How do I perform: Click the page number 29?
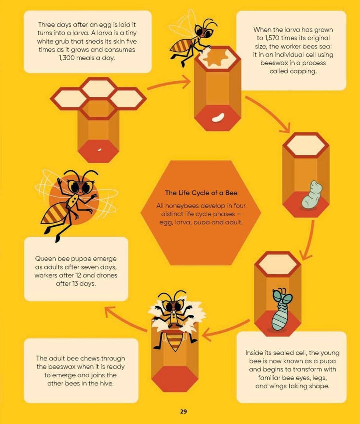[183, 412]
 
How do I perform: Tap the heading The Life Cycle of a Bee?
[201, 193]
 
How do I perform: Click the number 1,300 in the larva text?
[67, 58]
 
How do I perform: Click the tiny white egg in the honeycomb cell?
[99, 150]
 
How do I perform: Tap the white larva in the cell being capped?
[218, 118]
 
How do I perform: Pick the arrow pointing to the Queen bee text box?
[125, 319]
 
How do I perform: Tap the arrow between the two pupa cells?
[309, 241]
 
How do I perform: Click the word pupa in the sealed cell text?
[327, 361]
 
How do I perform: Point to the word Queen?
[44, 259]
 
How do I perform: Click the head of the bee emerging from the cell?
[173, 305]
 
